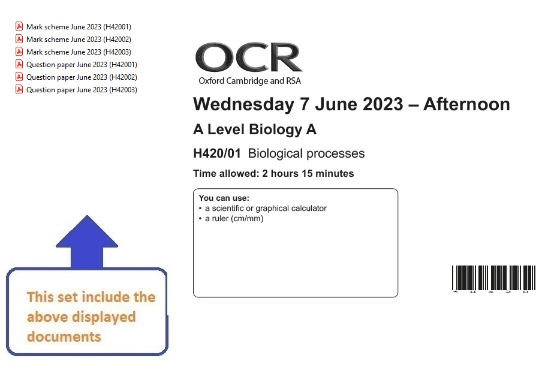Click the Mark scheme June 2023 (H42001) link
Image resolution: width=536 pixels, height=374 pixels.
coord(79,26)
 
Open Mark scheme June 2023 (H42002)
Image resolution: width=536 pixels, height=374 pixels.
coord(79,40)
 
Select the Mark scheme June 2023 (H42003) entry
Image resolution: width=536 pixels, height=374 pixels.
coord(79,52)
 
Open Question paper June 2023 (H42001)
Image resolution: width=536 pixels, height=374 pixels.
coord(82,65)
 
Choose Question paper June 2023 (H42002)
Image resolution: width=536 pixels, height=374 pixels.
coord(82,77)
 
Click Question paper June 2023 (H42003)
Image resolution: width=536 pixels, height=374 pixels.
coord(82,90)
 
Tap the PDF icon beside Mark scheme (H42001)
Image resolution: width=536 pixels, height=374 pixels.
coord(19,26)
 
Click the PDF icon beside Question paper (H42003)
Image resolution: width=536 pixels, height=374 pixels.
coord(19,89)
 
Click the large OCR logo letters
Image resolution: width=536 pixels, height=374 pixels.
coord(249,57)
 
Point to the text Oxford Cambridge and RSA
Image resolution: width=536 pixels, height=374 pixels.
coord(249,81)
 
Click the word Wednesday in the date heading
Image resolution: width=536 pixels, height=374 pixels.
coord(244,105)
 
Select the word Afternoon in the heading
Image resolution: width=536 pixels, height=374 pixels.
coord(466,104)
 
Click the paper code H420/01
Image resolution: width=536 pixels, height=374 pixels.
coord(217,153)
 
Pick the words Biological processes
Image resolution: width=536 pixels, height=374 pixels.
coord(306,154)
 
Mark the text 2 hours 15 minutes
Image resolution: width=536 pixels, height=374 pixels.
coord(308,174)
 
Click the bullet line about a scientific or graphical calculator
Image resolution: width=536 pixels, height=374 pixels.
coord(263,209)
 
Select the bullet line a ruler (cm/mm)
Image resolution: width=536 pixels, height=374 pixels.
coord(231,219)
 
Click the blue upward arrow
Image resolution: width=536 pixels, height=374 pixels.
coord(87,242)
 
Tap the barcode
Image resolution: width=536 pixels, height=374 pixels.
coord(494,279)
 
